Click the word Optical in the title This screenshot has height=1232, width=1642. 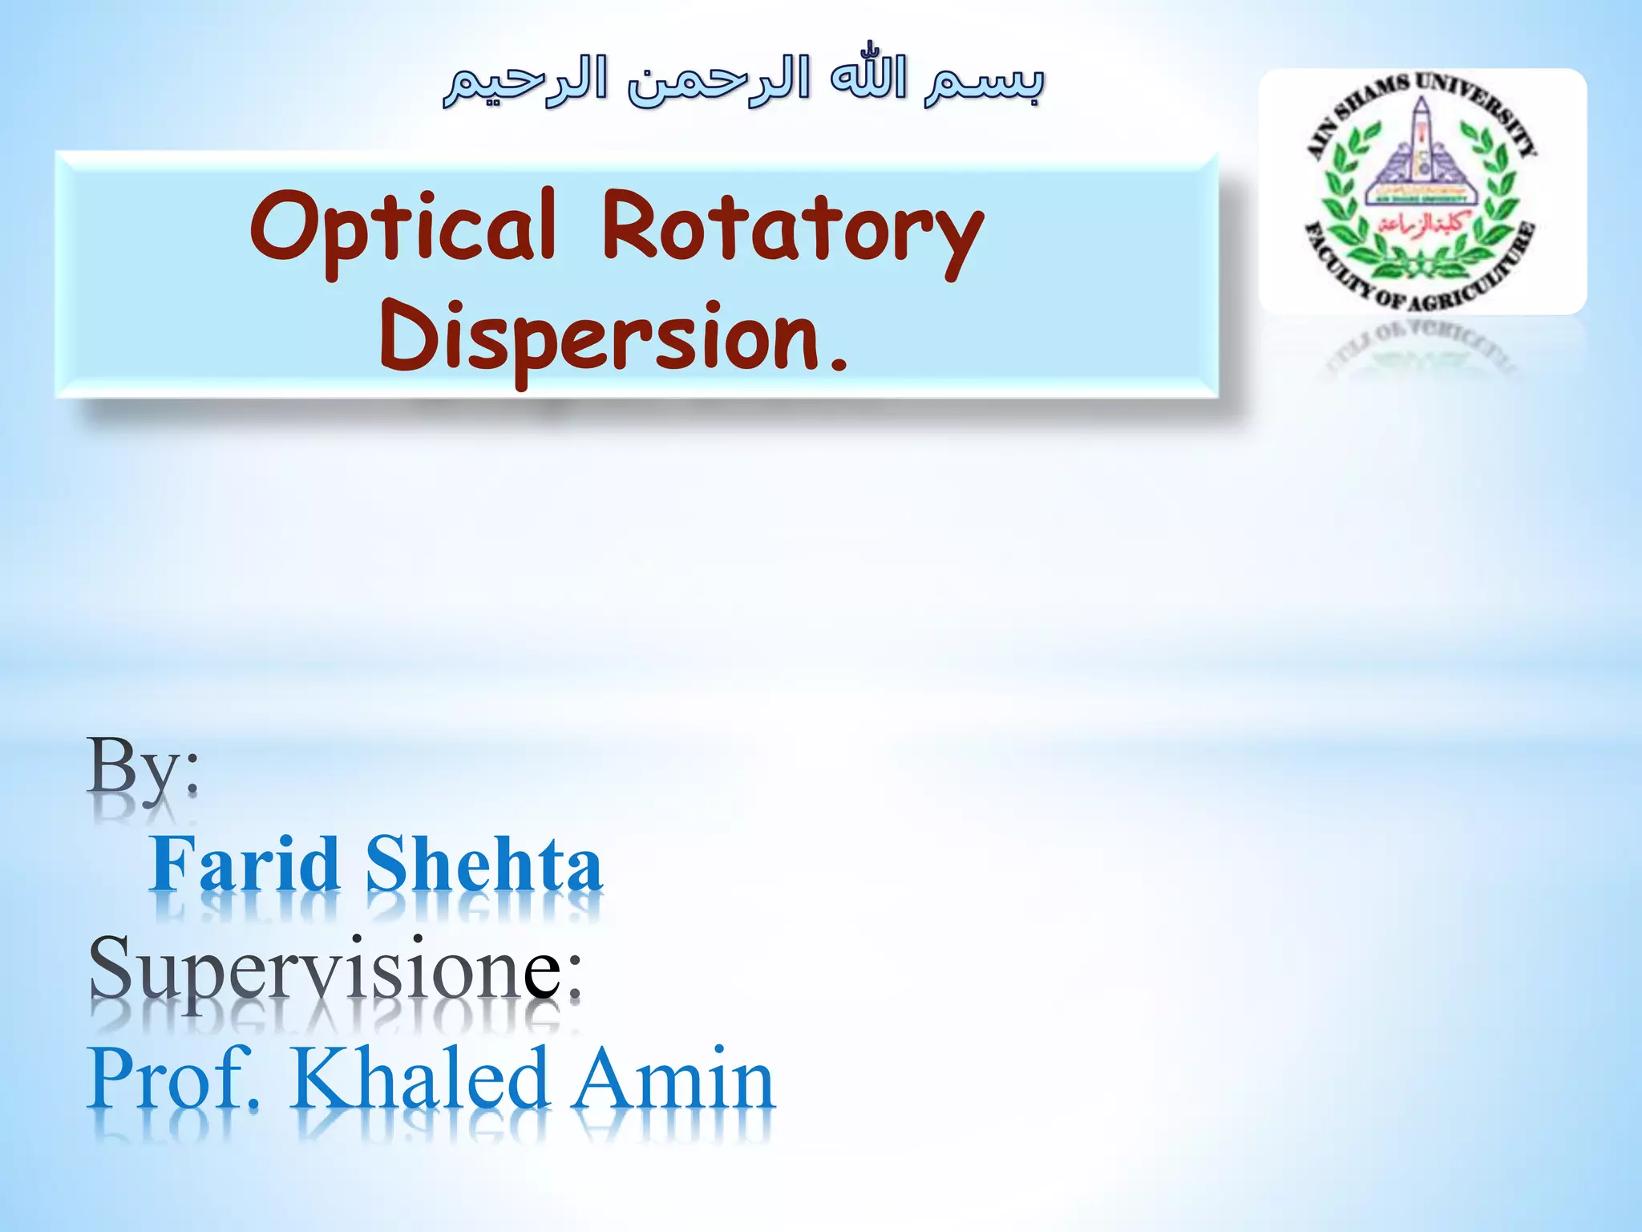click(403, 227)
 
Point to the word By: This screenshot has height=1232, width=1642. click(144, 766)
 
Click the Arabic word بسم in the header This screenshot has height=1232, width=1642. click(985, 83)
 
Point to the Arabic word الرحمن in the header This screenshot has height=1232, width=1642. click(718, 83)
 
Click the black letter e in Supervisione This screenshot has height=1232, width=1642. click(543, 973)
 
